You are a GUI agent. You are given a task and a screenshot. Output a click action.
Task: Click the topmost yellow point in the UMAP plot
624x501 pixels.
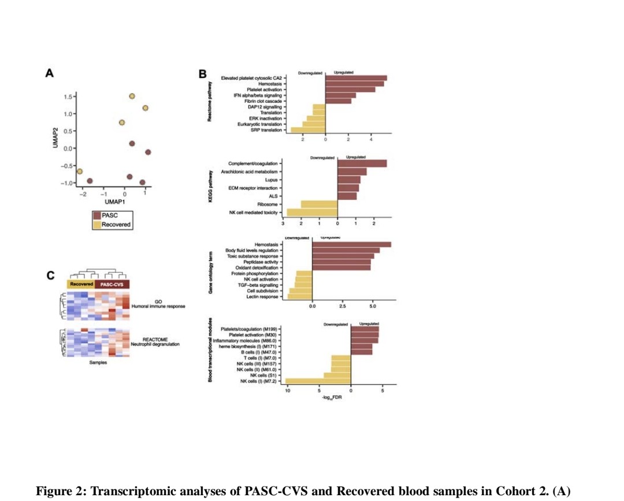click(x=132, y=97)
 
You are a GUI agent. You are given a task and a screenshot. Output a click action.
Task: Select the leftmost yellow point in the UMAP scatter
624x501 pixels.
click(x=80, y=172)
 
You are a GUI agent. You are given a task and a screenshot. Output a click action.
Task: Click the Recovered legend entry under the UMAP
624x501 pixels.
click(x=116, y=224)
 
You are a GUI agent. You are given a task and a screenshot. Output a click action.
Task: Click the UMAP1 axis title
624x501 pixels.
click(x=116, y=202)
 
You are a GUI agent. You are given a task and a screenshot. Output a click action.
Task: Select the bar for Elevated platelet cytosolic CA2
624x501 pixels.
click(x=356, y=78)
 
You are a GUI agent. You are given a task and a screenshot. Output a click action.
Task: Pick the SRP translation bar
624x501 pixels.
click(x=308, y=130)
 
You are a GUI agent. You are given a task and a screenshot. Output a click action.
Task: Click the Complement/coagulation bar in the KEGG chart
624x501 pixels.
click(x=362, y=164)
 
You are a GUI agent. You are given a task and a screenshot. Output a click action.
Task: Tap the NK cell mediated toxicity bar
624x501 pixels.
click(x=312, y=213)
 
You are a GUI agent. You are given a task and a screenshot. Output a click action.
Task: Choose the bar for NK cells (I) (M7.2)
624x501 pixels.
click(x=318, y=381)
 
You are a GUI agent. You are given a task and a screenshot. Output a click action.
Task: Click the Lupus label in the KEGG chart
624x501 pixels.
click(x=271, y=180)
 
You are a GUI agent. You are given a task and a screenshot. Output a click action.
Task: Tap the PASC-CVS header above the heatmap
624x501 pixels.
click(x=112, y=284)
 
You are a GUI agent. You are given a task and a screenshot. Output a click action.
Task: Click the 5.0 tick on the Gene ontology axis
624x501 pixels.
click(x=373, y=307)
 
